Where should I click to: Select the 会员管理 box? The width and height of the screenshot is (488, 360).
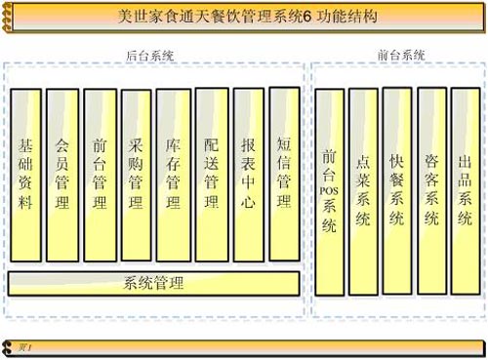(x=62, y=176)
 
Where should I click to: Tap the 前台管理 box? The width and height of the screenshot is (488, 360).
(x=100, y=176)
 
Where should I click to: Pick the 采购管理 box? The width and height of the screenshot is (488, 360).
(x=137, y=176)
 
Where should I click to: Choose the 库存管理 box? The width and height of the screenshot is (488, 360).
(x=174, y=176)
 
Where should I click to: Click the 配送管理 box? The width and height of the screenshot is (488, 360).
(x=211, y=176)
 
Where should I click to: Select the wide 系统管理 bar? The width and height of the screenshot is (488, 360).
(x=153, y=284)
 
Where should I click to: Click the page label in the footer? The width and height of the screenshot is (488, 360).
(x=25, y=346)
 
